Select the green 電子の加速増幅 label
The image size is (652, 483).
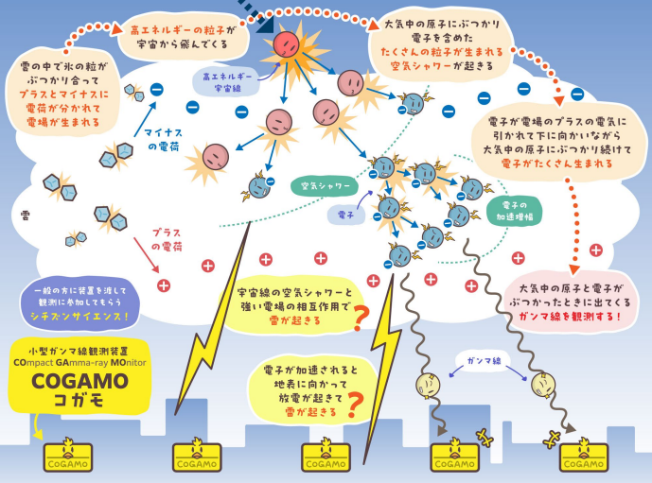[515, 211]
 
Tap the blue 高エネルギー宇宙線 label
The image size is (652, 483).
[226, 82]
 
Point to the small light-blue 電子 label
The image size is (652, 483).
[346, 215]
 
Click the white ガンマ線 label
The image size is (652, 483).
[484, 360]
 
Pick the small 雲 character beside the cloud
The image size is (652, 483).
[26, 216]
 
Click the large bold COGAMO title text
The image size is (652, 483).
[79, 381]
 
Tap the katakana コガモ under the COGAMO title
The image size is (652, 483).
[79, 400]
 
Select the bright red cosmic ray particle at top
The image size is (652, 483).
[286, 44]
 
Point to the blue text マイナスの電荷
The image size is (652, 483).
[163, 140]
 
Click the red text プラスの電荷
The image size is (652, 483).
[167, 240]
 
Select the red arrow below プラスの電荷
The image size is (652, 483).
[147, 255]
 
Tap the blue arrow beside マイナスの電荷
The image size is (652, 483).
[145, 119]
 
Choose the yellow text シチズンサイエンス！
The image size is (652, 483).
[79, 317]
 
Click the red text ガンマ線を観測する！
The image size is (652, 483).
[570, 317]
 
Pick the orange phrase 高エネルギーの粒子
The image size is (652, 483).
[178, 30]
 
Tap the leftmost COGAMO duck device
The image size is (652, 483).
[68, 456]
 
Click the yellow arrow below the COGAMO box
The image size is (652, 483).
[38, 426]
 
